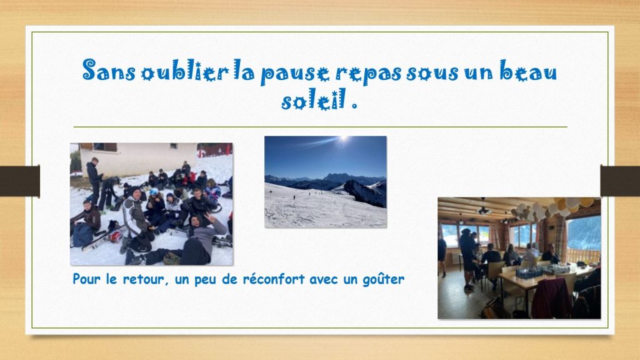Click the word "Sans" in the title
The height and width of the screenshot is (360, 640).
109,70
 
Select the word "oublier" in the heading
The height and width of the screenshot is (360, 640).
185,71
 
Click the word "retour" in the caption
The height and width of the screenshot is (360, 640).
143,279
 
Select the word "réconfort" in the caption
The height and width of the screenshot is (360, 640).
274,279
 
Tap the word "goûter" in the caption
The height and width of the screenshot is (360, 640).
384,280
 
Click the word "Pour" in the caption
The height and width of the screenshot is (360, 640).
86,279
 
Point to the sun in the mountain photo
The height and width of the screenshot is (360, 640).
343,139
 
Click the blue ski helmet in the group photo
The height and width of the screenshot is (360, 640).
154,191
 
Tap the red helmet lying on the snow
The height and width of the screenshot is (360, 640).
116,236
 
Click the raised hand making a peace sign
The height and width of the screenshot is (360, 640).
210,217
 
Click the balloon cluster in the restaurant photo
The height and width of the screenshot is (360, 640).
554,207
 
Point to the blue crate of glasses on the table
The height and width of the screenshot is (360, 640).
529,272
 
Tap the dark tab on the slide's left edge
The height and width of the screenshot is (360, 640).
20,181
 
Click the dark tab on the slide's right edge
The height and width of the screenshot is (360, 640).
620,181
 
